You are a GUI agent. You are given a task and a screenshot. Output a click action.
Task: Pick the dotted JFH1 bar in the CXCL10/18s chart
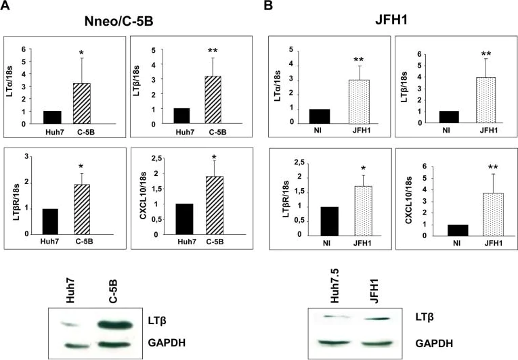coord(475,214)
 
